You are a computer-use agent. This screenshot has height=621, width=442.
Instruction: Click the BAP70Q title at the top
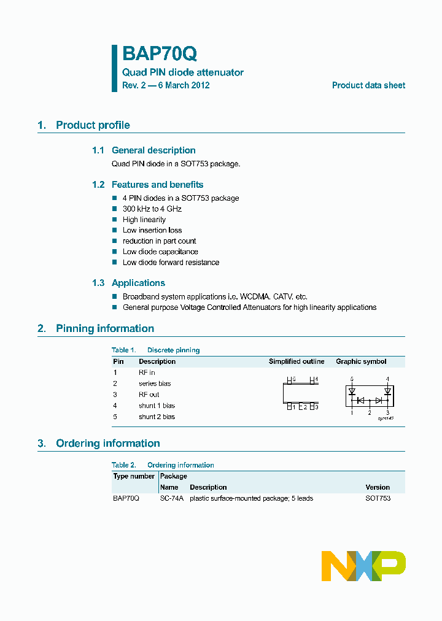(x=160, y=54)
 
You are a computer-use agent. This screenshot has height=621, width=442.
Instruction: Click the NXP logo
(x=363, y=566)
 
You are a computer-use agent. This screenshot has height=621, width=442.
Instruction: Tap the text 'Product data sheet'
(x=368, y=85)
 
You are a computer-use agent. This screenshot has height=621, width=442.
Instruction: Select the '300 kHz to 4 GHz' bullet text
(x=152, y=209)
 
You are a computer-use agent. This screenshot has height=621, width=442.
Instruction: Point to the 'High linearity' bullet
(x=144, y=220)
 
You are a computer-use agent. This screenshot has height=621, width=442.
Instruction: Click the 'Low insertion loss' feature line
(x=152, y=230)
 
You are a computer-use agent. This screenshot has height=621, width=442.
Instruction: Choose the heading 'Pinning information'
(x=104, y=328)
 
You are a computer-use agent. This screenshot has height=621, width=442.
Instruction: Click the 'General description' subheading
(x=153, y=150)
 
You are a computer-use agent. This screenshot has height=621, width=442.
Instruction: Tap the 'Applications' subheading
(x=138, y=283)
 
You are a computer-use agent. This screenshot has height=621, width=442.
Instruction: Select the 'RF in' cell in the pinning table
(x=147, y=372)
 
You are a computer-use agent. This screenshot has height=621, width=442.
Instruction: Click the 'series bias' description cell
(x=155, y=384)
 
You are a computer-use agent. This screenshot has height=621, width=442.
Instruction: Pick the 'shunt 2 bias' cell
(x=157, y=417)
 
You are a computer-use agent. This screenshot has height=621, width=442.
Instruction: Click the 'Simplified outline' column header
(x=297, y=361)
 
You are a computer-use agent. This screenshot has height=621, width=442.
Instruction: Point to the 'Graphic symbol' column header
(x=361, y=361)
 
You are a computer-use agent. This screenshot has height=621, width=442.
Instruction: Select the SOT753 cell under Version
(x=378, y=498)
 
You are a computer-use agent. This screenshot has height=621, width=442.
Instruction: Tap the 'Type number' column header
(x=134, y=476)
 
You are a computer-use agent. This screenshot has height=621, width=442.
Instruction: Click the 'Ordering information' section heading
(x=107, y=443)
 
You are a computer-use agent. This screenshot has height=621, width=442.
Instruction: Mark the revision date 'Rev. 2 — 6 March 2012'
(x=166, y=85)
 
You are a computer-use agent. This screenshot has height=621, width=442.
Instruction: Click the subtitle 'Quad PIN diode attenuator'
(x=183, y=72)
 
